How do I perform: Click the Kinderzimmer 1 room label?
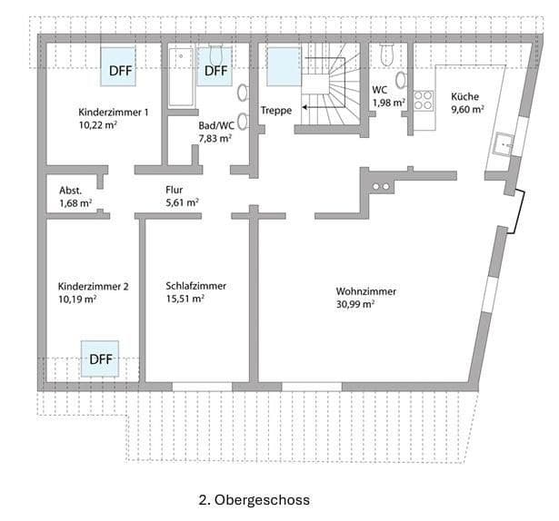pyautogui.click(x=114, y=112)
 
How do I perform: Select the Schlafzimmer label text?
pyautogui.click(x=195, y=285)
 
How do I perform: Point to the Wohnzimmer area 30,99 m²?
pyautogui.click(x=354, y=305)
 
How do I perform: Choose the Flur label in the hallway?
pyautogui.click(x=175, y=190)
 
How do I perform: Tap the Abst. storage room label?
pyautogui.click(x=71, y=190)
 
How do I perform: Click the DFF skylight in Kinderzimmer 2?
pyautogui.click(x=101, y=359)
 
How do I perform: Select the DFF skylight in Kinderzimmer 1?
pyautogui.click(x=121, y=68)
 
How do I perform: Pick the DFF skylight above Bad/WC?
pyautogui.click(x=215, y=69)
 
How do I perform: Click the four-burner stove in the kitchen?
pyautogui.click(x=424, y=100)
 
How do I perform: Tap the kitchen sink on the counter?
pyautogui.click(x=503, y=143)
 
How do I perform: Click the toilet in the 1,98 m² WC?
pyautogui.click(x=386, y=57)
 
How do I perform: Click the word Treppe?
pyautogui.click(x=275, y=111)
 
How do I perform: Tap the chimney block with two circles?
pyautogui.click(x=381, y=186)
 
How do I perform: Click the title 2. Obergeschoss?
pyautogui.click(x=254, y=499)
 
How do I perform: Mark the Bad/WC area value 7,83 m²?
pyautogui.click(x=215, y=139)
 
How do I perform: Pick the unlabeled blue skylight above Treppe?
pyautogui.click(x=283, y=66)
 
